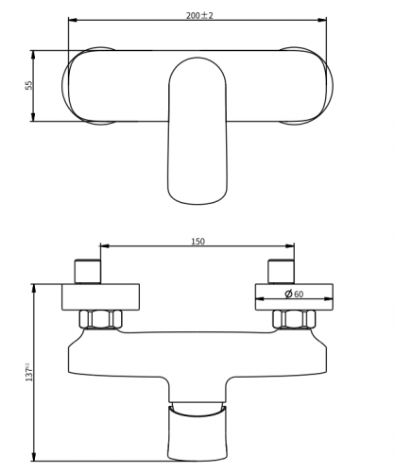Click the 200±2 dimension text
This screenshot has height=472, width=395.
coord(199,15)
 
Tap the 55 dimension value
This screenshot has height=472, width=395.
coord(29,85)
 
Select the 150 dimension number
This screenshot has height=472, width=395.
coord(197,242)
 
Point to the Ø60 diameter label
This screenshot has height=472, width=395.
coord(294,294)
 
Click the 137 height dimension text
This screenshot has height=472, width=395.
coord(29,372)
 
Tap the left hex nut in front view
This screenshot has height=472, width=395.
coord(101,319)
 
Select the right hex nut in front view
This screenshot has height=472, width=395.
coord(294,319)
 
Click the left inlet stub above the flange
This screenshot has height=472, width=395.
coord(88,272)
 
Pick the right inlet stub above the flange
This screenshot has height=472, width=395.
coord(281,272)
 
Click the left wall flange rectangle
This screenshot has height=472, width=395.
coord(100,297)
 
